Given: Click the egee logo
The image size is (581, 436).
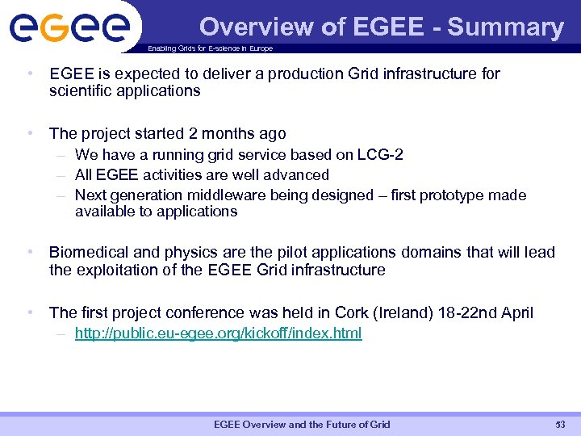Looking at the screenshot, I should [x=69, y=28].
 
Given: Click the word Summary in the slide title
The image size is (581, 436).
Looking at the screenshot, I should [x=506, y=27].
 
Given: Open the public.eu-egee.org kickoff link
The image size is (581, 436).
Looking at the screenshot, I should [x=218, y=333].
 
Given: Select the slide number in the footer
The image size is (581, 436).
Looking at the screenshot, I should [x=560, y=425].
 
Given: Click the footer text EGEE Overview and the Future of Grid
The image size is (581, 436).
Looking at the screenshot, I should [x=302, y=425].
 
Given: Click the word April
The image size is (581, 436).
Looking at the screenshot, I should [x=516, y=312].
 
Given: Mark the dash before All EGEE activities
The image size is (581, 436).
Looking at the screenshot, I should [x=61, y=174].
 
